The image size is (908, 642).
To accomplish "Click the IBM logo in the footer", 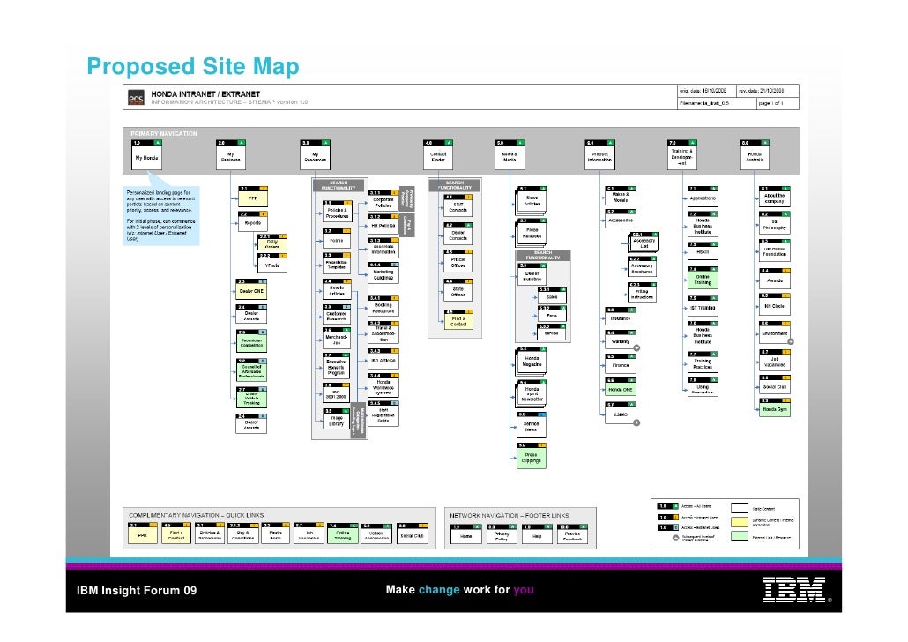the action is click(794, 589).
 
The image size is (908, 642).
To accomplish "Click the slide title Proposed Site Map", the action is click(193, 67).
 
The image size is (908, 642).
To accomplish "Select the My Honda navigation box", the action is click(148, 158).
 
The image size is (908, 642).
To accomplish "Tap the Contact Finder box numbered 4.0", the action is click(439, 158).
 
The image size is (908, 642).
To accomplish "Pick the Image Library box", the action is click(337, 420).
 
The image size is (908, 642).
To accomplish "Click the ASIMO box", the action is click(620, 414).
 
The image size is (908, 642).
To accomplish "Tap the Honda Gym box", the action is click(776, 410).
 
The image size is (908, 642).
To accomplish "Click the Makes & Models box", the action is click(620, 198).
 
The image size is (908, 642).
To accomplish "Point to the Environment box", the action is click(776, 333).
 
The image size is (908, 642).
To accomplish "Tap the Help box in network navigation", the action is click(537, 534).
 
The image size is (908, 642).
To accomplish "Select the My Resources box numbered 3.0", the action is click(316, 158).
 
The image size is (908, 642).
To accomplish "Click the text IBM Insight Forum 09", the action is click(131, 590).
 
